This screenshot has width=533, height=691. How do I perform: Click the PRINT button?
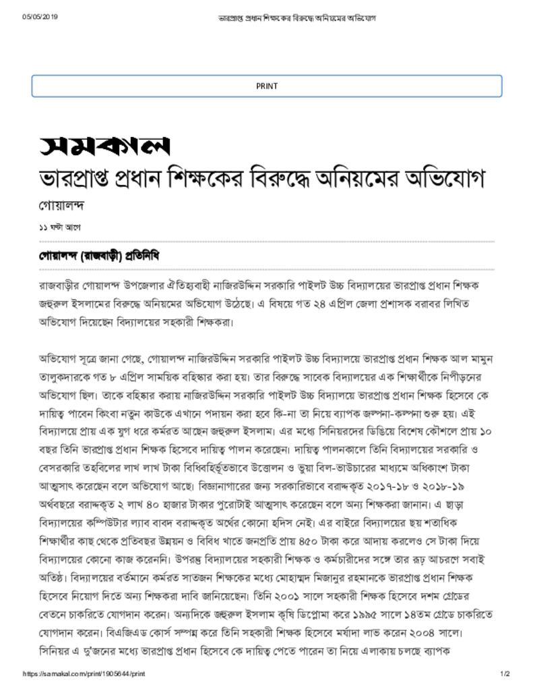266,86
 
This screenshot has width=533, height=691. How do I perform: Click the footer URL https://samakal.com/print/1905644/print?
84,674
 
